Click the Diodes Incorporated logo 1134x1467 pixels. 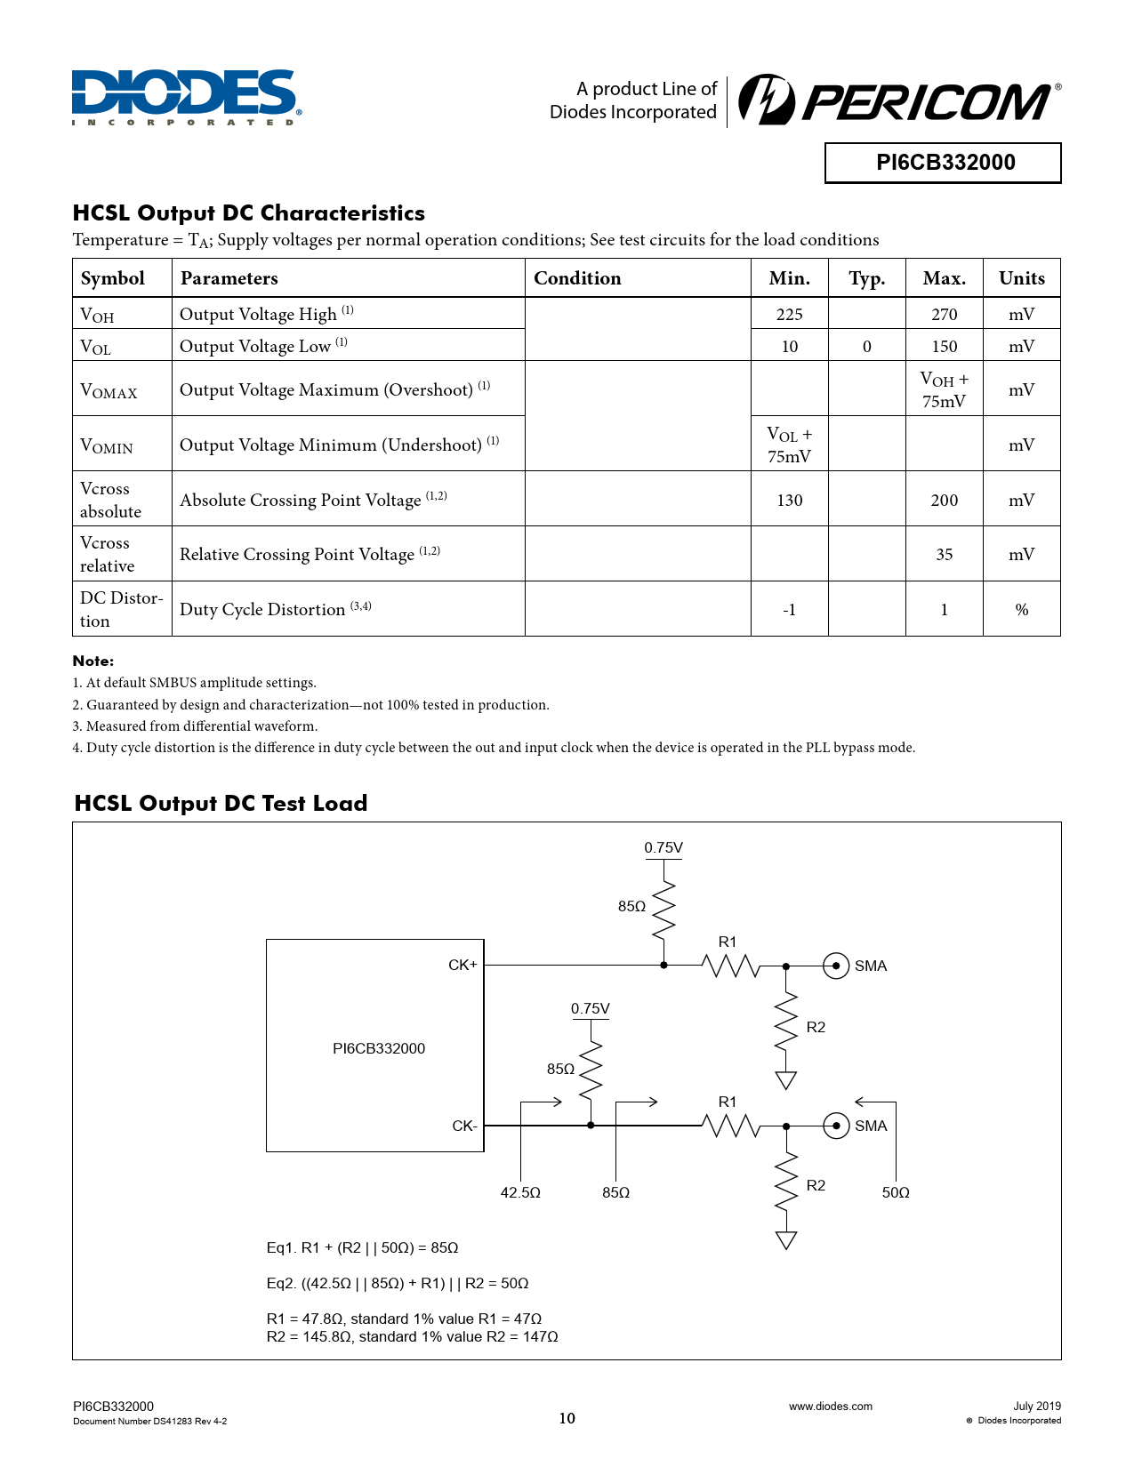pos(186,96)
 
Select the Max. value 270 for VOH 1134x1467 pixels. pos(944,314)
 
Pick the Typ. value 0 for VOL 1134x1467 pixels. pos(866,346)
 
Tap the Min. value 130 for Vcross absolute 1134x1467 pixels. pos(789,500)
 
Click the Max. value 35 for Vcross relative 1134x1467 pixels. pos(944,555)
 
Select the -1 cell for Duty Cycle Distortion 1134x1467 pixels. pos(789,610)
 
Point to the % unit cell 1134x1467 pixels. pos(1021,610)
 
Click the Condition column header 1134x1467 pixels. pos(577,278)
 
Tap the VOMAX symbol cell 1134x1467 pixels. pos(109,390)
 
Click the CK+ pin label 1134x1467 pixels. pos(462,965)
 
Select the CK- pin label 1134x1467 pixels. pos(464,1126)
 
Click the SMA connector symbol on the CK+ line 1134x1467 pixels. pos(836,966)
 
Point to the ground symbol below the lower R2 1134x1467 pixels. pos(785,1240)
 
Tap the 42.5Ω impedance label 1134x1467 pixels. pos(520,1192)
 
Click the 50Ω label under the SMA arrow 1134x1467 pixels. pos(896,1192)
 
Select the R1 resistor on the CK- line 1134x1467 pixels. pos(731,1126)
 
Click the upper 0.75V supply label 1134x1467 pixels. pos(664,848)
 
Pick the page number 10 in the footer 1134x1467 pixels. pos(567,1418)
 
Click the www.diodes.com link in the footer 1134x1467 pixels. pos(830,1406)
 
